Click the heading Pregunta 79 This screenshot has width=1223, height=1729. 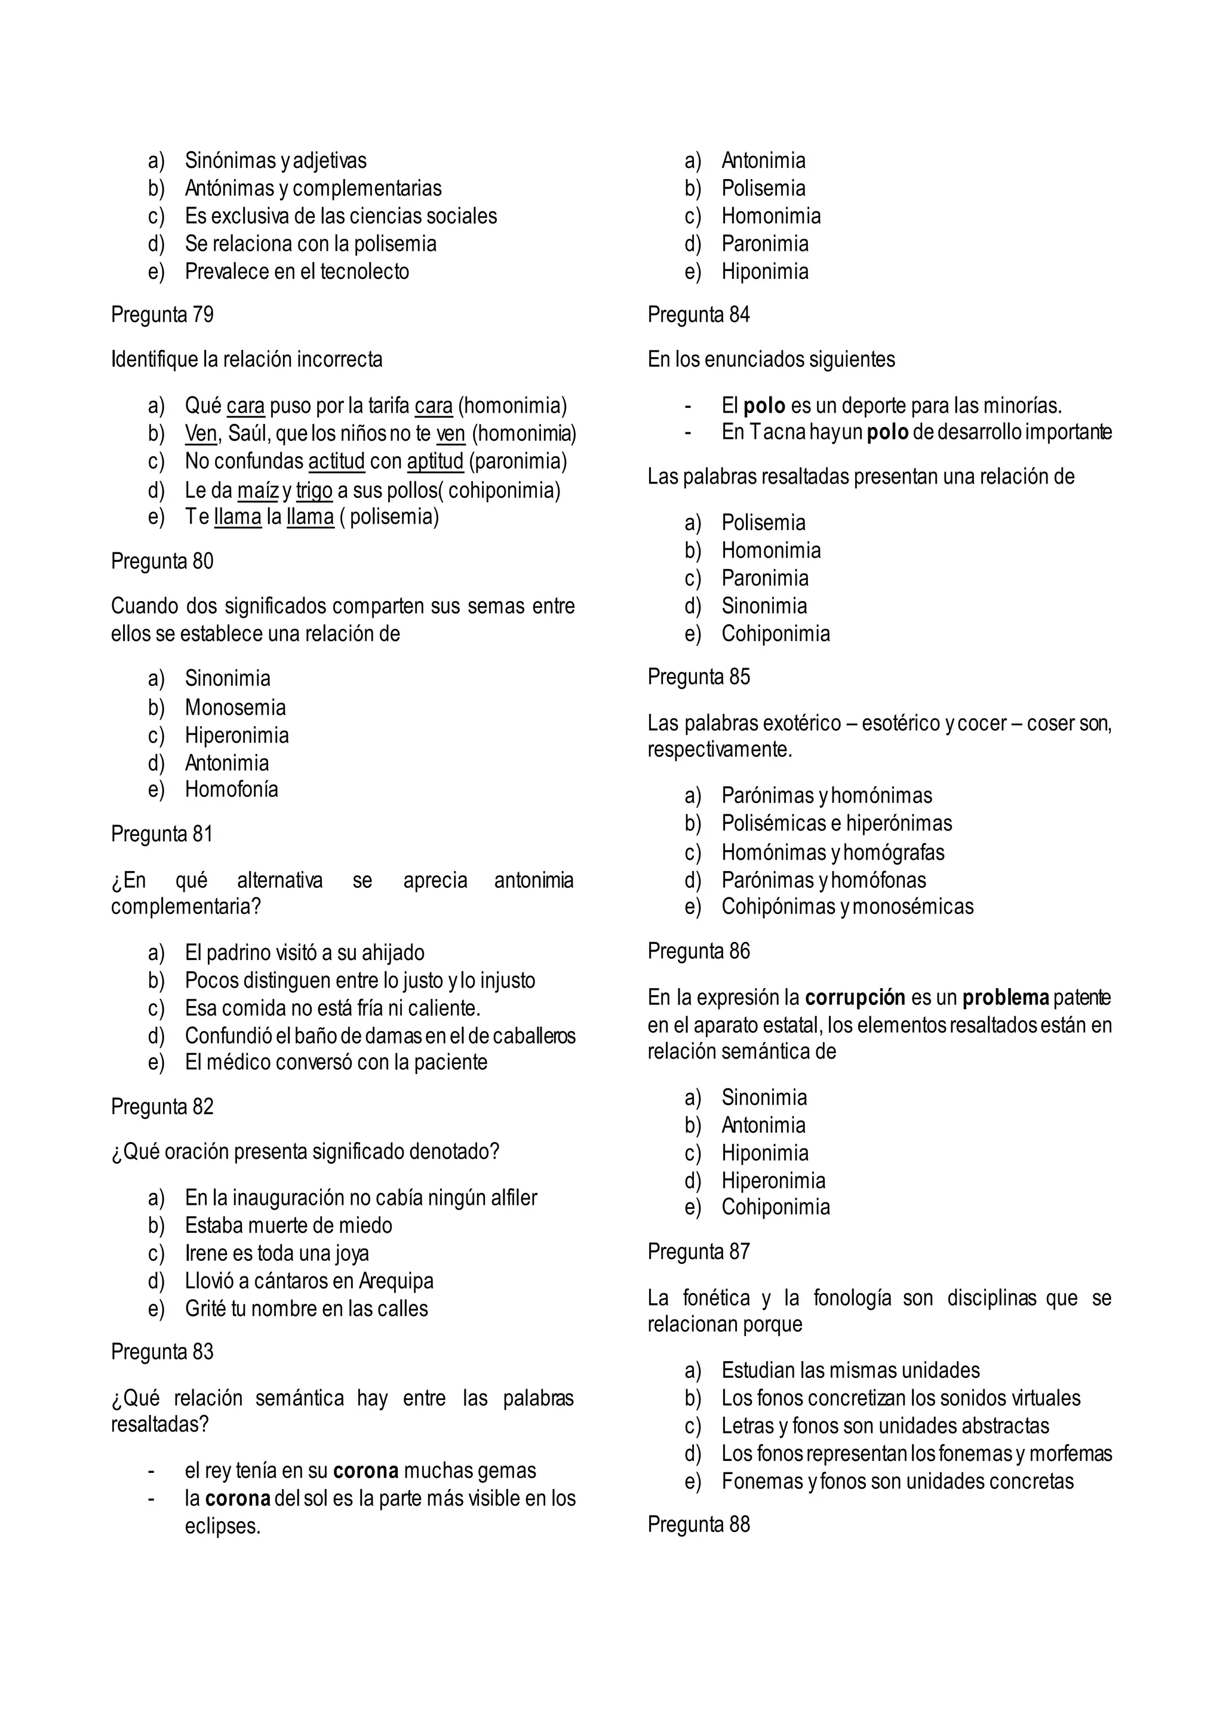click(162, 314)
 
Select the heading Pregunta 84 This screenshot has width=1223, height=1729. click(698, 314)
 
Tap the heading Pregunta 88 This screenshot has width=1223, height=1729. click(698, 1524)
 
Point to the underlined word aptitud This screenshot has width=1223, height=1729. click(435, 461)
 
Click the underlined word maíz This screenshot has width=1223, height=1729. click(257, 490)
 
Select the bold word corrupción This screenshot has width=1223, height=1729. click(855, 998)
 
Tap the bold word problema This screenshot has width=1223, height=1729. click(1006, 998)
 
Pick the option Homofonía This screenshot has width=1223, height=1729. click(231, 789)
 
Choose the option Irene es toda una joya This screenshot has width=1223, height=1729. click(276, 1253)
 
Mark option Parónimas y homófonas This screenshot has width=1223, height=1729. click(823, 879)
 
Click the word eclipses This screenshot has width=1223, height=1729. click(222, 1527)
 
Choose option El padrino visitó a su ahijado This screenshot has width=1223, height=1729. click(304, 953)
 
